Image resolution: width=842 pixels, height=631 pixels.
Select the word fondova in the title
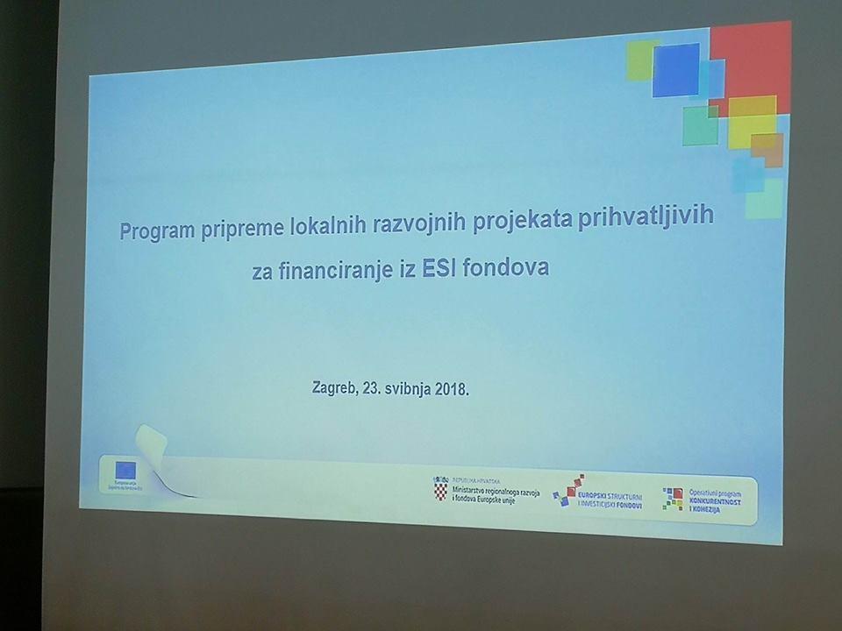510,267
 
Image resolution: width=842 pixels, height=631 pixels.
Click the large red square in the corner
752,61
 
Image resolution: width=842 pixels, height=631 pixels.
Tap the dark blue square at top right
676,69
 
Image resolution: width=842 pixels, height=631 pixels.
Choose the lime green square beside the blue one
639,60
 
